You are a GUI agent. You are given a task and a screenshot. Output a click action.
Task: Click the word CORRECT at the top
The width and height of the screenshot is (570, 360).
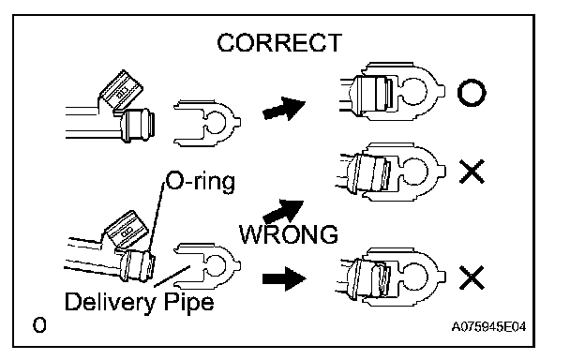click(279, 43)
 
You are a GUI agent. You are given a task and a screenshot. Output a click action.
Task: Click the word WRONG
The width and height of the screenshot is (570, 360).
click(289, 234)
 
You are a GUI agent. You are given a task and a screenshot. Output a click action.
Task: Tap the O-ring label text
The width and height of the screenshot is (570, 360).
click(201, 181)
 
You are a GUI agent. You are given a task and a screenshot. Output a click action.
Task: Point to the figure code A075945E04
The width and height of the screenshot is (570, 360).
click(488, 327)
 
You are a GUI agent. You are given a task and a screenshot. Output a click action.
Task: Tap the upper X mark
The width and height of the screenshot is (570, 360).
click(472, 172)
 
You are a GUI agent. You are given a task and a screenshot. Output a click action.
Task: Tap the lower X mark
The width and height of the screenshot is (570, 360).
click(472, 277)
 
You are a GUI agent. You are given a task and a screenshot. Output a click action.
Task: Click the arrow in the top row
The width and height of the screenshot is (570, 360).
click(283, 109)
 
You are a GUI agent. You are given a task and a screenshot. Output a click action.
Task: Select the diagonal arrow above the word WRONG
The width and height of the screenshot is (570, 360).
click(283, 212)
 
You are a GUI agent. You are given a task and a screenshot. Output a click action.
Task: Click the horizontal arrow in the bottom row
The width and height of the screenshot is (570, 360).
click(284, 279)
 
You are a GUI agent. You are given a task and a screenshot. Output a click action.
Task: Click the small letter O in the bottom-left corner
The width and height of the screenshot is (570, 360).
click(39, 325)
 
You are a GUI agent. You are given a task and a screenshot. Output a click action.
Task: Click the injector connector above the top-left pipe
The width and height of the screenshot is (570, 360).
click(121, 90)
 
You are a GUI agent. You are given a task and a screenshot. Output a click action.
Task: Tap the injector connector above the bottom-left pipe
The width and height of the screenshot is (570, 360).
click(126, 229)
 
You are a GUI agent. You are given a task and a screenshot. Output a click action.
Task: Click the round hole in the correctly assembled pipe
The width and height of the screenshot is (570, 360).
click(413, 91)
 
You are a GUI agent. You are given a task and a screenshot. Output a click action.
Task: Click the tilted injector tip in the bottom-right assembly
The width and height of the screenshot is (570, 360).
click(378, 278)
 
